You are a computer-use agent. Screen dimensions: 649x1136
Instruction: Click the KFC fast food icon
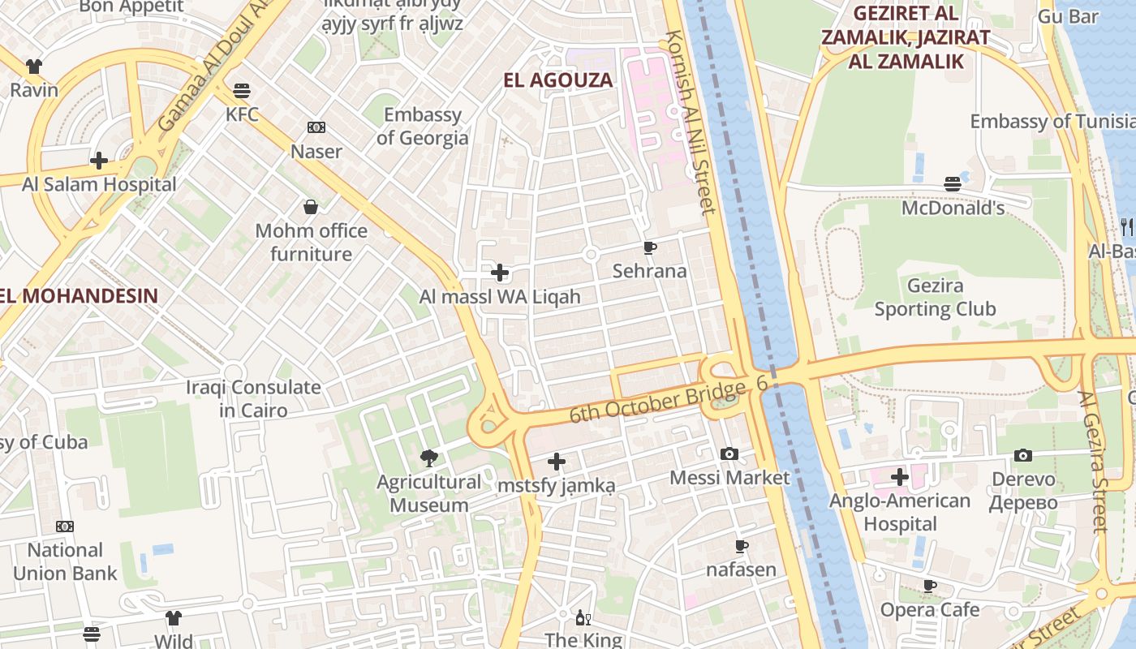tap(242, 90)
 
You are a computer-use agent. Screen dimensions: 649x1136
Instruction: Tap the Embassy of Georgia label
tap(422, 127)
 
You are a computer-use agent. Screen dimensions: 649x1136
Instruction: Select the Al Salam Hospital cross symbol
tap(99, 161)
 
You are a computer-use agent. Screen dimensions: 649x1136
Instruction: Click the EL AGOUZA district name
tap(558, 80)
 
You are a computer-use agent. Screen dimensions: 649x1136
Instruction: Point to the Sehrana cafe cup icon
tap(649, 247)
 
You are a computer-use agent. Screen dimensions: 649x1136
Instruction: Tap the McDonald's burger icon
tap(953, 184)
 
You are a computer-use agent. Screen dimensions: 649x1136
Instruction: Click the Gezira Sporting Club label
tap(935, 298)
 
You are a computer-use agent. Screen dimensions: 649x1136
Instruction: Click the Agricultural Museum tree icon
tap(429, 458)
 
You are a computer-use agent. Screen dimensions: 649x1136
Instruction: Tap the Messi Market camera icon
tap(729, 453)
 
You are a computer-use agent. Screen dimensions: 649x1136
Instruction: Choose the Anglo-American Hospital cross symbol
tap(900, 477)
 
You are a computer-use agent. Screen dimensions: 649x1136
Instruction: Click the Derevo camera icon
tap(1023, 455)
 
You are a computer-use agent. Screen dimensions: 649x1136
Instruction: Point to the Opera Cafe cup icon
tap(930, 586)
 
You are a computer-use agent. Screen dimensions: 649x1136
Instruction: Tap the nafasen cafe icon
tap(741, 546)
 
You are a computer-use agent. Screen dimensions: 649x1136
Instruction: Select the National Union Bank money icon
tap(65, 527)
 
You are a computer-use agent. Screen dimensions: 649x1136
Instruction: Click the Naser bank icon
tap(316, 127)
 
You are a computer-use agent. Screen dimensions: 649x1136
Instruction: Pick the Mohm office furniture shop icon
tap(311, 207)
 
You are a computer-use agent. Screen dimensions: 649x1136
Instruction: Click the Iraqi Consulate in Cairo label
tap(253, 398)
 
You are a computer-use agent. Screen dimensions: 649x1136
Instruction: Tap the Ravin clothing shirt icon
tap(34, 66)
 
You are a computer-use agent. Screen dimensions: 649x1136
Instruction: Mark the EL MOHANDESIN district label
tap(79, 295)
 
